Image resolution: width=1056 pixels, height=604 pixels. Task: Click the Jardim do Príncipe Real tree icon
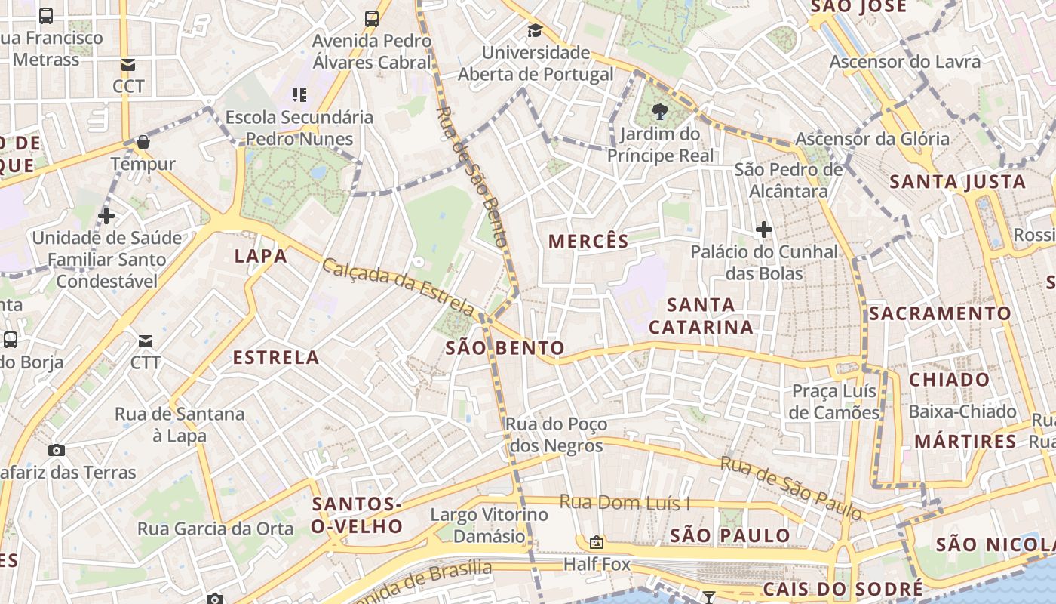coord(660,112)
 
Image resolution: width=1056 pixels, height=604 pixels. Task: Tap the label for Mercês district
coord(588,242)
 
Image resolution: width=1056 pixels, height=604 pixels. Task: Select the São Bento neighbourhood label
coord(505,348)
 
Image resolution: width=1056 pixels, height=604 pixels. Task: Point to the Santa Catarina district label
coord(701,316)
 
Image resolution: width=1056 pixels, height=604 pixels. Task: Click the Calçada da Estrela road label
coord(398,287)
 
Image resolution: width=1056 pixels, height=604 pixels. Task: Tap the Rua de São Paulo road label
coord(790,488)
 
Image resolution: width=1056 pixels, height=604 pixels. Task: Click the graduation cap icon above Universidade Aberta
coord(535,31)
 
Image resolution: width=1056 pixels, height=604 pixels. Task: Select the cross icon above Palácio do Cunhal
coord(764,230)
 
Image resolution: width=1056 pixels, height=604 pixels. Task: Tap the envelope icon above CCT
coord(128,65)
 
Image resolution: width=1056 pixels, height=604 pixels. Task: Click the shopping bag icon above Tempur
coord(143,142)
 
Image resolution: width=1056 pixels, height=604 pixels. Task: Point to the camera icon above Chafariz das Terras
coord(57,451)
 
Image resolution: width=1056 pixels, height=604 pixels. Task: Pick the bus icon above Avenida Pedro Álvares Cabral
coord(371,18)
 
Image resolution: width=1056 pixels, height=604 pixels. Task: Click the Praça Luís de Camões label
coord(834,402)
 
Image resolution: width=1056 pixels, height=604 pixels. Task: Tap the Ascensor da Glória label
coord(872,139)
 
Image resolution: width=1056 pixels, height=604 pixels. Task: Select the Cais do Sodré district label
coord(842,589)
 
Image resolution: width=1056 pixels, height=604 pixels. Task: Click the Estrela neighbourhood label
coord(276,358)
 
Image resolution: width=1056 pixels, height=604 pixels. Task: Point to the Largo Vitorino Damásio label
coord(489,525)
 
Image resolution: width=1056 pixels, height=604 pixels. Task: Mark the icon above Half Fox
coord(597,542)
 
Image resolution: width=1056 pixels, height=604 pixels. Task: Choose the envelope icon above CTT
coord(146,341)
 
